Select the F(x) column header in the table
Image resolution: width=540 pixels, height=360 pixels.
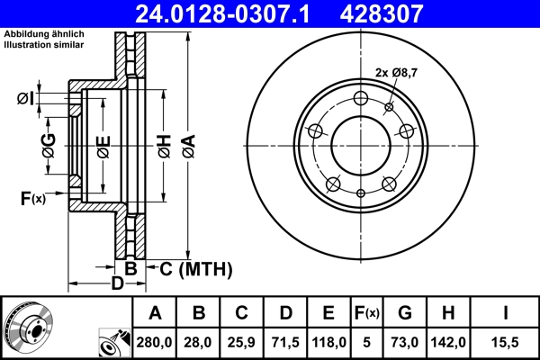point(366,313)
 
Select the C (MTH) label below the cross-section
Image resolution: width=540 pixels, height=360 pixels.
point(195,268)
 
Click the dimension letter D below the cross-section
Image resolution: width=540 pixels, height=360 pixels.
point(116,284)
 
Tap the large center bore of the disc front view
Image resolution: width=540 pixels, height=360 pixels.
point(361,143)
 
